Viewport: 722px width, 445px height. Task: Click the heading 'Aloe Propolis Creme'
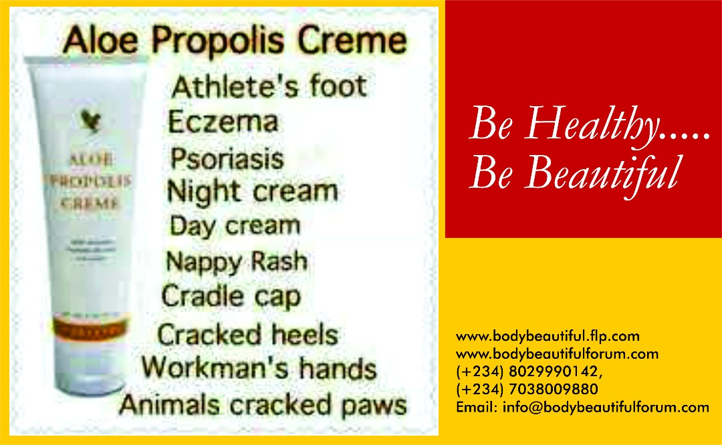(234, 41)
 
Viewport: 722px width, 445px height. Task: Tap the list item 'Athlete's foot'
(269, 87)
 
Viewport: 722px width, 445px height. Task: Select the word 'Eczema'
(223, 122)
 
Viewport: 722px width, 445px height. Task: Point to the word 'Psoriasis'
(227, 158)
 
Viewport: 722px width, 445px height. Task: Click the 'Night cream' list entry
(252, 192)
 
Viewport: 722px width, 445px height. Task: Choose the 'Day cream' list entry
(235, 225)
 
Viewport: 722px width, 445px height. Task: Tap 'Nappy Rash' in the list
(237, 261)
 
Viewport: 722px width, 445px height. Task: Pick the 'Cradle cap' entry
(231, 296)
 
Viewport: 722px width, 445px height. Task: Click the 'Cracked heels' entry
(247, 334)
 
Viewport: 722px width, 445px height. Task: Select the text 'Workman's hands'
(259, 368)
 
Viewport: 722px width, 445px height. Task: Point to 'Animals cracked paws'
(263, 405)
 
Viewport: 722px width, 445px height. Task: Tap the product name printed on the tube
(90, 181)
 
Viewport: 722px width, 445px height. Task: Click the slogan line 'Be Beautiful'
(574, 172)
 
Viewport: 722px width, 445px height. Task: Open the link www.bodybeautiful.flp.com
(548, 336)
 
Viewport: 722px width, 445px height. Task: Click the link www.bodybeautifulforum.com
(557, 354)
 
